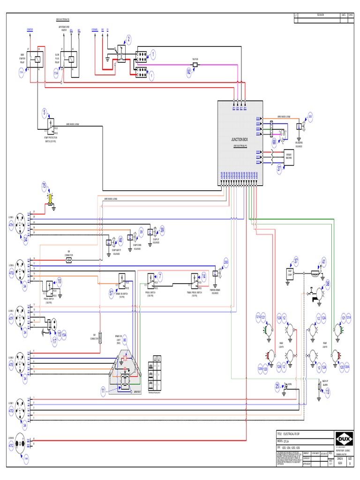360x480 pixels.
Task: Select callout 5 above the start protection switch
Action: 45,112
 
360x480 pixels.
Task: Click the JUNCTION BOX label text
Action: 241,140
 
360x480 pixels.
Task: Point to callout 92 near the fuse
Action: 189,72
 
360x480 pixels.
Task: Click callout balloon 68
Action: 274,141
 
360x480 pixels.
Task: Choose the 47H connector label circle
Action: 11,225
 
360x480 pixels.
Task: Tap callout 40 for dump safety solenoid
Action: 120,239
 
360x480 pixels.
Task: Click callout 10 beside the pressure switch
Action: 60,281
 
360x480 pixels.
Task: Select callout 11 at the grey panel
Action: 103,390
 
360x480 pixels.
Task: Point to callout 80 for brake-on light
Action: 125,340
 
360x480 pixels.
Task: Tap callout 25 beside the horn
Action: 277,385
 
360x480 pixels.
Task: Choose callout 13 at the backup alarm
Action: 327,391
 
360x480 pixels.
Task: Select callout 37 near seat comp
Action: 296,261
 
